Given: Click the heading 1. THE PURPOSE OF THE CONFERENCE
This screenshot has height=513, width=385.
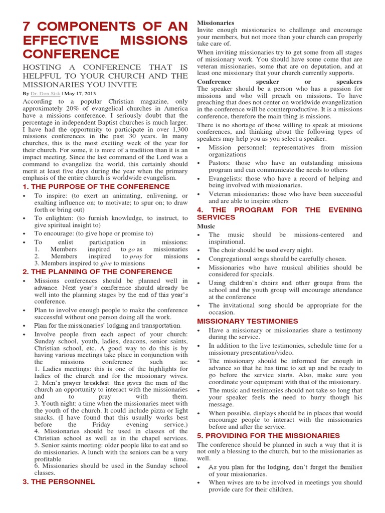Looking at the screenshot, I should coord(96,186).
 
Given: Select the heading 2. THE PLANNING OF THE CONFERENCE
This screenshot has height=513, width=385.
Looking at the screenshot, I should coord(97,272).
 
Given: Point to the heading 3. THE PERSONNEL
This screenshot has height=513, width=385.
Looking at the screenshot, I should coord(59,481).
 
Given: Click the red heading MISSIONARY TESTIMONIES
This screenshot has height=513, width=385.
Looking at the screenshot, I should coord(247,321).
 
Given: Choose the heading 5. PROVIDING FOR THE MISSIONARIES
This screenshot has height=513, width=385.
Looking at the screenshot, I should coord(268,435).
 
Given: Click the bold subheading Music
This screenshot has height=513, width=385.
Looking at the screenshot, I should coord(206,226).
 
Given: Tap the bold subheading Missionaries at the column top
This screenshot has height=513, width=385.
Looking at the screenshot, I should coord(216,23).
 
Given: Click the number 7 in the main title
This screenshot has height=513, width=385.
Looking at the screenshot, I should coord(28,27).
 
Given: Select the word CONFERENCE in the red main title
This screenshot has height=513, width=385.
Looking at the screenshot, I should coord(71,54).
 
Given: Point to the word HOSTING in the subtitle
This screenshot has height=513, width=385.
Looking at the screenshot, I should coord(42,67).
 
